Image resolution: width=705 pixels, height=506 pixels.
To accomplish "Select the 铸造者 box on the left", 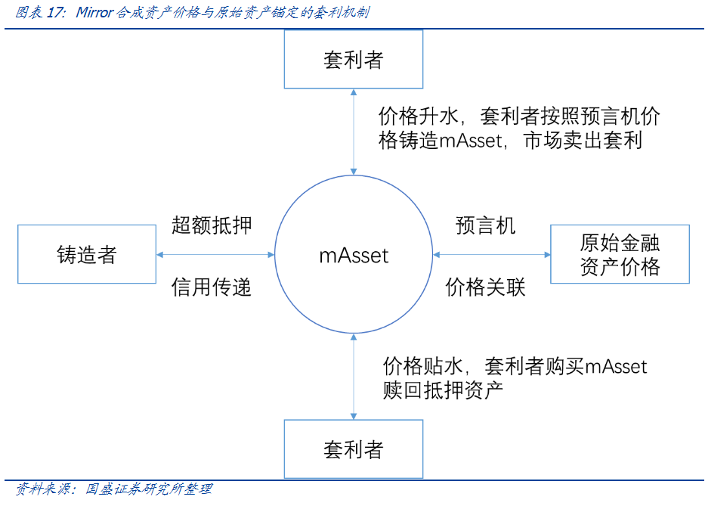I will tap(86, 254).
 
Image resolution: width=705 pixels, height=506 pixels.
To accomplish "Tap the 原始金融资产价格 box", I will tap(620, 254).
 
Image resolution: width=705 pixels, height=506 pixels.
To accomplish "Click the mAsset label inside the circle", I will tap(353, 255).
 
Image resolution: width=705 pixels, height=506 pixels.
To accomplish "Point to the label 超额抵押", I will tap(212, 225).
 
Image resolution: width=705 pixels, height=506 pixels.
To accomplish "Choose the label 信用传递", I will tap(212, 287).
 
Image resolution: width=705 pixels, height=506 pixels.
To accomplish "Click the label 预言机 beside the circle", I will tap(486, 225).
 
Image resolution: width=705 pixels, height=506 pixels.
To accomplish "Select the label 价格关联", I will tap(485, 287).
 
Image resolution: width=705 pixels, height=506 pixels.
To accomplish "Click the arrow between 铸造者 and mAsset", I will tap(215, 255).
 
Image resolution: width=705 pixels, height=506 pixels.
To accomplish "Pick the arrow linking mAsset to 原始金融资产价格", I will tap(492, 255).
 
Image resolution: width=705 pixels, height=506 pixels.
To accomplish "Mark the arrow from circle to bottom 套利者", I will tap(353, 378).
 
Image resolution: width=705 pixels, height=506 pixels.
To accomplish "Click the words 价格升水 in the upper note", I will tap(419, 116).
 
